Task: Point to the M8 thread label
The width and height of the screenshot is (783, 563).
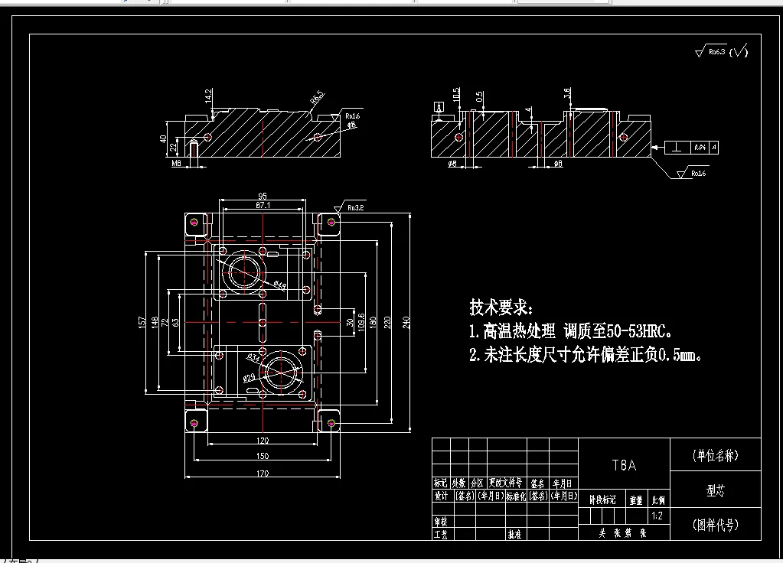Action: click(176, 163)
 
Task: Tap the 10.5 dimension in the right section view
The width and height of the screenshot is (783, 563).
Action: click(457, 95)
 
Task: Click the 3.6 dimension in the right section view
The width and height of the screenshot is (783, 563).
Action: click(567, 93)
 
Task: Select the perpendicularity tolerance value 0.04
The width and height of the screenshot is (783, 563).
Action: click(700, 146)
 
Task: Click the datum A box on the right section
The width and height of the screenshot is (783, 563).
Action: click(439, 106)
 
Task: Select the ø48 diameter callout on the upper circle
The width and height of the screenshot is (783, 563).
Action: click(280, 286)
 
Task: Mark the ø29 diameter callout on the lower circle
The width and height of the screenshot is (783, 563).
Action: click(249, 378)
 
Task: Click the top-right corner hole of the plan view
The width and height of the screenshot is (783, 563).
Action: click(331, 222)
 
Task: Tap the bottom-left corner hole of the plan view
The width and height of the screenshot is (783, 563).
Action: click(195, 421)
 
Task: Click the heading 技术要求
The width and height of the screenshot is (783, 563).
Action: click(500, 308)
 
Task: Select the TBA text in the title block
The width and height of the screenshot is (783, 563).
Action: click(624, 465)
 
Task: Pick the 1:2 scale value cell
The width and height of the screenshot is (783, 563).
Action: click(657, 516)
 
